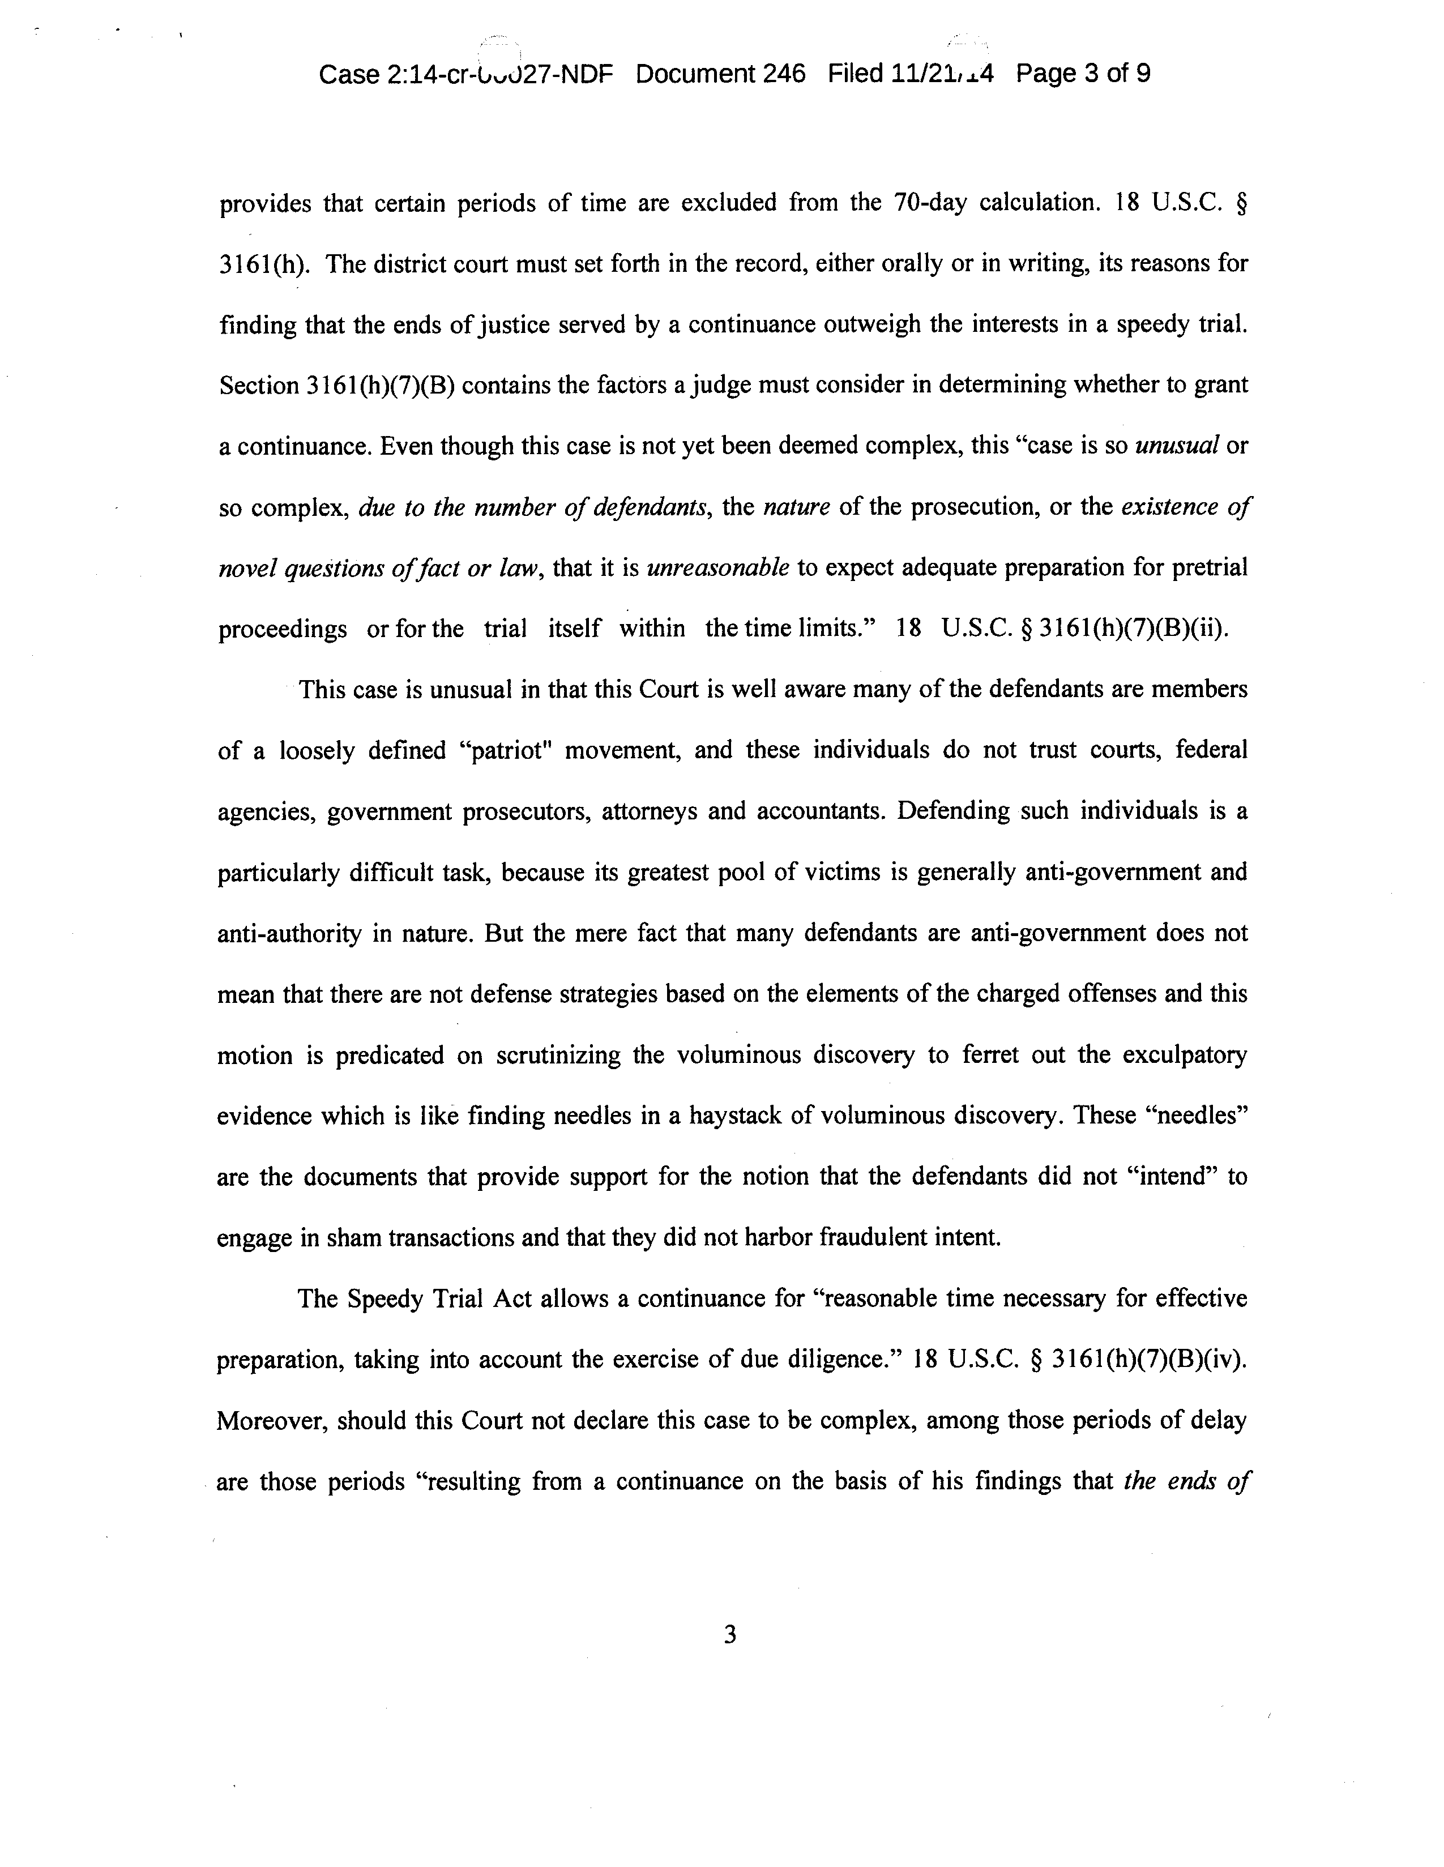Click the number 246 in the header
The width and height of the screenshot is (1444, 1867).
tap(784, 74)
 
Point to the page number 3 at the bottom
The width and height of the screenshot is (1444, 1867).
tap(729, 1635)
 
